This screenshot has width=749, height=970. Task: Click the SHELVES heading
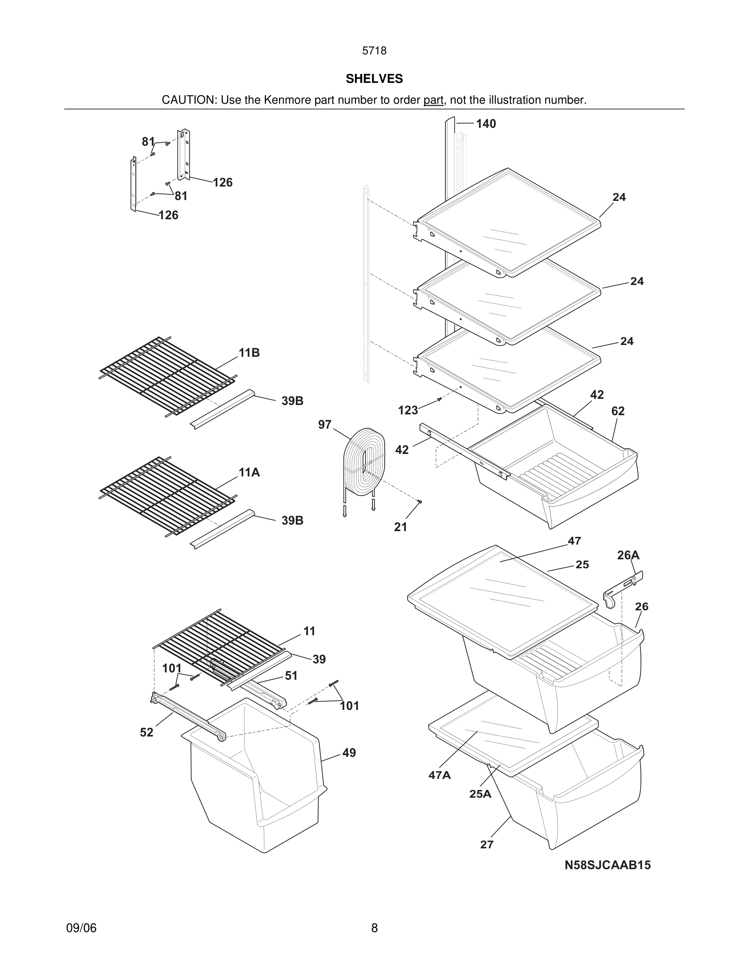[x=374, y=79]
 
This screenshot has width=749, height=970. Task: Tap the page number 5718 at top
[x=374, y=51]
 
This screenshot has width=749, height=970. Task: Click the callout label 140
[x=486, y=124]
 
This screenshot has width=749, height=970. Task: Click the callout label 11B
[x=249, y=353]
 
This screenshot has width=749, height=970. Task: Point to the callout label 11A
[x=249, y=473]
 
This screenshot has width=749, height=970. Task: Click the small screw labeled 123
[x=439, y=399]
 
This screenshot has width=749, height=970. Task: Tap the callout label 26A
[x=628, y=555]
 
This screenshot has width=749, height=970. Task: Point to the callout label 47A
[x=439, y=775]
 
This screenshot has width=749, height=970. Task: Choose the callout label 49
[x=349, y=753]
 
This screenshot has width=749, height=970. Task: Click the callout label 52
[x=146, y=732]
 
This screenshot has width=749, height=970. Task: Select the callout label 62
[x=618, y=411]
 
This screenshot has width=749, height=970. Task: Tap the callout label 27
[x=487, y=845]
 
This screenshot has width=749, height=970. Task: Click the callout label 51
[x=291, y=676]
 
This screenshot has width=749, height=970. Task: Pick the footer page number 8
[x=374, y=928]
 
